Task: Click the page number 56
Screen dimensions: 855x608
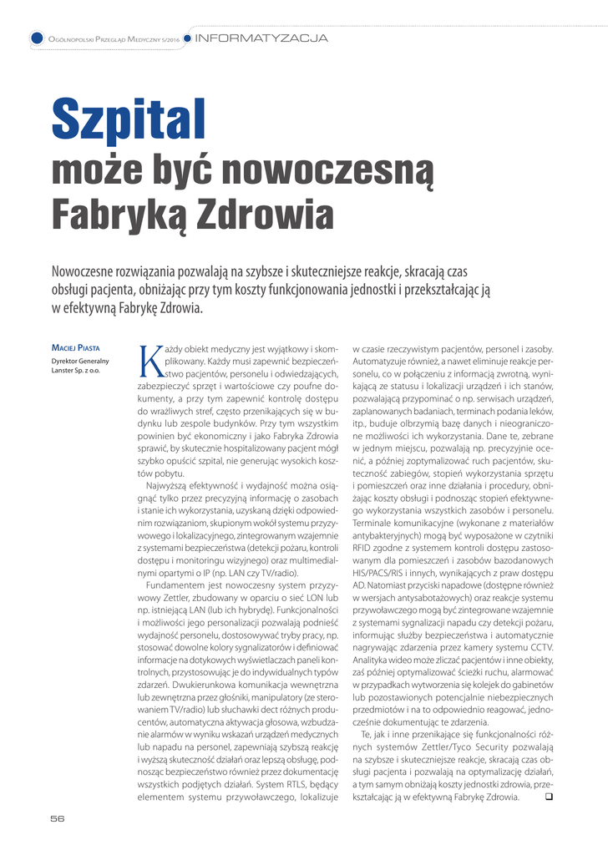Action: pos(57,818)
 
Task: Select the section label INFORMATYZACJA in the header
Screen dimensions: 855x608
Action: pos(261,38)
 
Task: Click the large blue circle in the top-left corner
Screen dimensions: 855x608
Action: pos(37,38)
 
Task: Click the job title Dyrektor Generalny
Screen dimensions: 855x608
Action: pos(76,360)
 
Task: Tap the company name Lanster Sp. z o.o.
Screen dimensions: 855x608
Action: pos(76,370)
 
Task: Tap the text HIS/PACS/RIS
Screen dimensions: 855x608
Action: pos(380,574)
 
